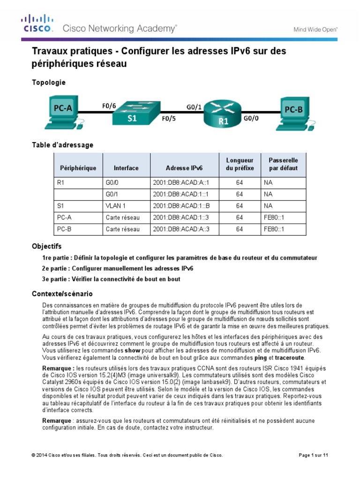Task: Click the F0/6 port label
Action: pyautogui.click(x=109, y=105)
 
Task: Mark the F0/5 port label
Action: pyautogui.click(x=169, y=119)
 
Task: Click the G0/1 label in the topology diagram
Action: pyautogui.click(x=194, y=106)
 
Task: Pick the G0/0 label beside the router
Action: pyautogui.click(x=251, y=119)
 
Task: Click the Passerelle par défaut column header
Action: pyautogui.click(x=283, y=164)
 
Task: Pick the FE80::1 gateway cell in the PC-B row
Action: pyautogui.click(x=274, y=229)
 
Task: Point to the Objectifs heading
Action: pyautogui.click(x=46, y=246)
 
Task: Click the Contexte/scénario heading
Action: pyautogui.click(x=62, y=293)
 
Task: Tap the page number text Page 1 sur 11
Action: pyautogui.click(x=314, y=455)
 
